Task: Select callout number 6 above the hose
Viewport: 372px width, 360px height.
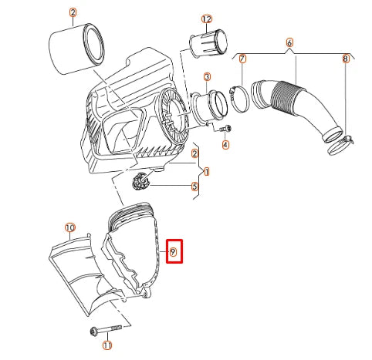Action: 289,42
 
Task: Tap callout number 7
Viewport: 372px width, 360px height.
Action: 242,59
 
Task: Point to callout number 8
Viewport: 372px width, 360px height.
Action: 346,59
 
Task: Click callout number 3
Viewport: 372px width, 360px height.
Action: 207,77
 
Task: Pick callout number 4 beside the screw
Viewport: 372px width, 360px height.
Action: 225,144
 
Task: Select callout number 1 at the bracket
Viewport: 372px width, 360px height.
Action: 207,170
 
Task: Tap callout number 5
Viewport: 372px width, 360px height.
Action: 195,186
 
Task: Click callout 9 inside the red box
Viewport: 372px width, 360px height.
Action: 174,251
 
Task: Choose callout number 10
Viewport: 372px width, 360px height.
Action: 69,228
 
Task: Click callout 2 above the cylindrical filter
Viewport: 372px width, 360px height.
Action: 73,13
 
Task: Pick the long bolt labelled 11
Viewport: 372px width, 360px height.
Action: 101,331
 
